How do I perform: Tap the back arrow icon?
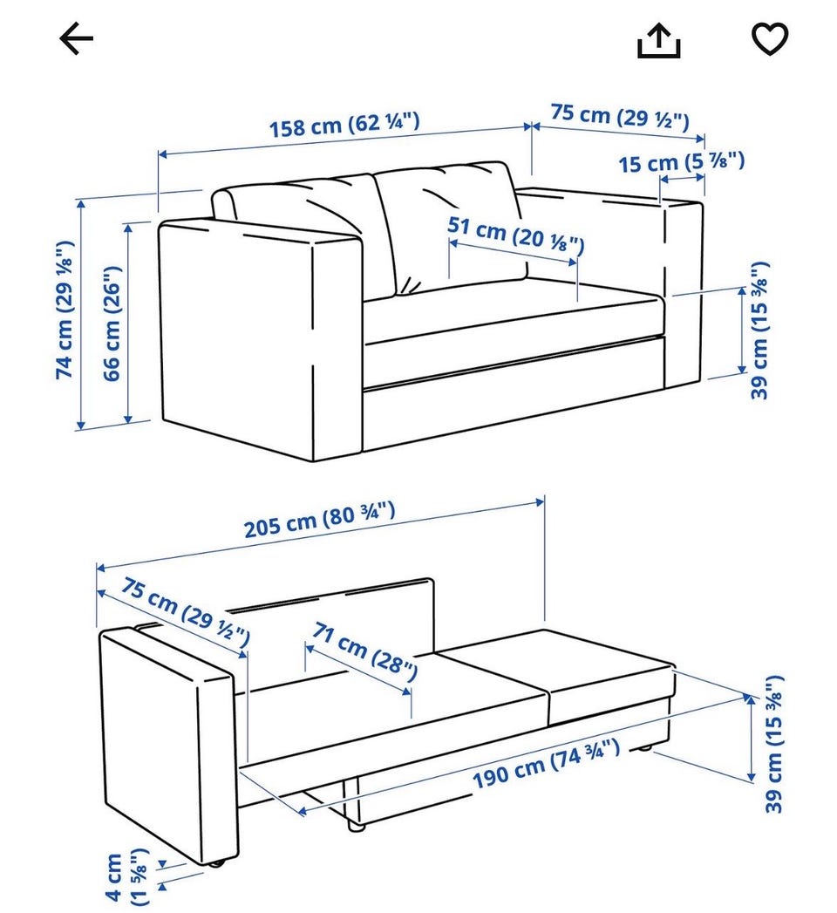click(76, 38)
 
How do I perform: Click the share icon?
click(659, 40)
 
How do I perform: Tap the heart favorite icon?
click(770, 38)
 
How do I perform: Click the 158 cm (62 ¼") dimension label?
click(344, 125)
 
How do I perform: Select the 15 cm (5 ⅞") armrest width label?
click(681, 162)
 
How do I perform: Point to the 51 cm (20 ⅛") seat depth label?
click(515, 235)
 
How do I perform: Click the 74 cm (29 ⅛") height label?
click(65, 310)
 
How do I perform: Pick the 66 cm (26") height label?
click(112, 324)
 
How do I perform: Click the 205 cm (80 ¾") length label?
click(320, 520)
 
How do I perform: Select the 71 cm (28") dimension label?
click(365, 651)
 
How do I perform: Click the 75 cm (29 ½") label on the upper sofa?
click(620, 116)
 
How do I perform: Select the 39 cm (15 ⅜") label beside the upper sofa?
click(759, 330)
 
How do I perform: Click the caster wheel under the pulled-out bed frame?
click(355, 826)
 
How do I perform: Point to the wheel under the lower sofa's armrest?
click(216, 863)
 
